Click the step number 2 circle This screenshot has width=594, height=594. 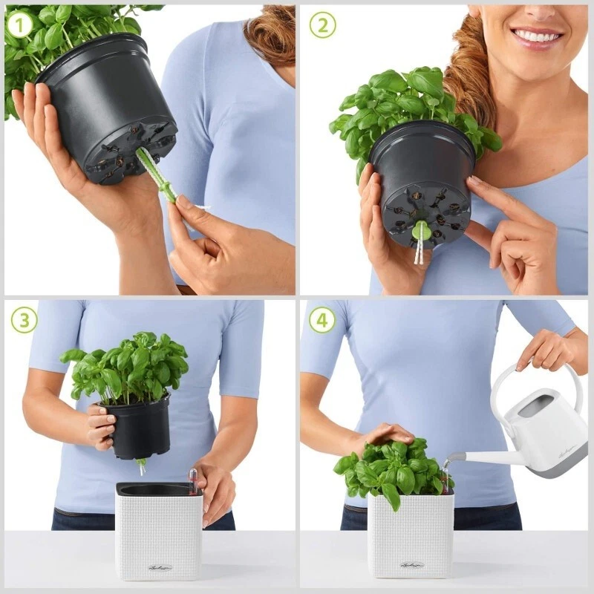coord(322,25)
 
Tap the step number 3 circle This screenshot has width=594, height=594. coord(23,320)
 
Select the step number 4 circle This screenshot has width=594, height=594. coord(322,320)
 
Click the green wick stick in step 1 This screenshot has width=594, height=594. coord(157,175)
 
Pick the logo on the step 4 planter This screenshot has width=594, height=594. coord(411,566)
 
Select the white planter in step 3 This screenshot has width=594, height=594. coord(157,531)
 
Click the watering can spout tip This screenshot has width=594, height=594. coord(447,461)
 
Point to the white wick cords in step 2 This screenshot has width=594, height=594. coord(420,252)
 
